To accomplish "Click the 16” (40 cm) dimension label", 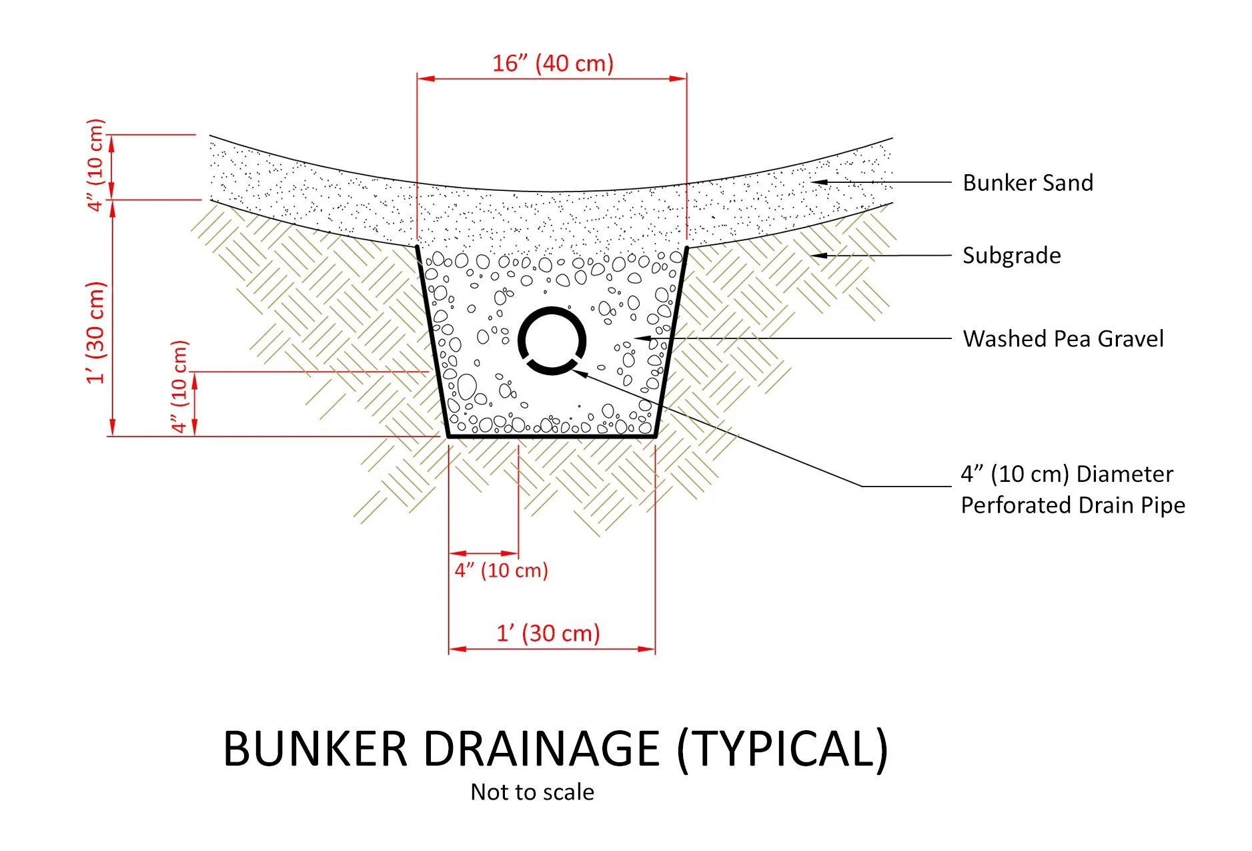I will [x=552, y=63].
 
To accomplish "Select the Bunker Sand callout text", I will [x=1027, y=183].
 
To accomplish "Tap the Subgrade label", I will [x=1011, y=256].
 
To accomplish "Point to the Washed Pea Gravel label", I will [x=1063, y=339].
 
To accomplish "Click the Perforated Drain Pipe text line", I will [x=1073, y=505].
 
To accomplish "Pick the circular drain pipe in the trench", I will [x=552, y=340].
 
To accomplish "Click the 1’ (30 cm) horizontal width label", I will [x=548, y=633].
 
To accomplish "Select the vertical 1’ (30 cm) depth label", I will [x=96, y=332].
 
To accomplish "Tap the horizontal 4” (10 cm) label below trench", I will [x=501, y=571].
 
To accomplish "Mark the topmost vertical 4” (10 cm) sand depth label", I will [x=96, y=165].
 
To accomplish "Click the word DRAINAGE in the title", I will [x=541, y=749].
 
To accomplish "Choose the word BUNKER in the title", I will [x=315, y=749].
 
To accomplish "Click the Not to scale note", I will [x=532, y=792].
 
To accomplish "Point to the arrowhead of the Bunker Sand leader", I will [x=816, y=182].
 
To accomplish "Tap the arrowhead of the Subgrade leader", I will [x=816, y=255].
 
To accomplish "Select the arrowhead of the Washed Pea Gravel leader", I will [x=640, y=338].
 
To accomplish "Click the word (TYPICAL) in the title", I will [x=782, y=749].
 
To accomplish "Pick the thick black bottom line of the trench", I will [x=552, y=437].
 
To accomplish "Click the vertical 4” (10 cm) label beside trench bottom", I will [x=179, y=387].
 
